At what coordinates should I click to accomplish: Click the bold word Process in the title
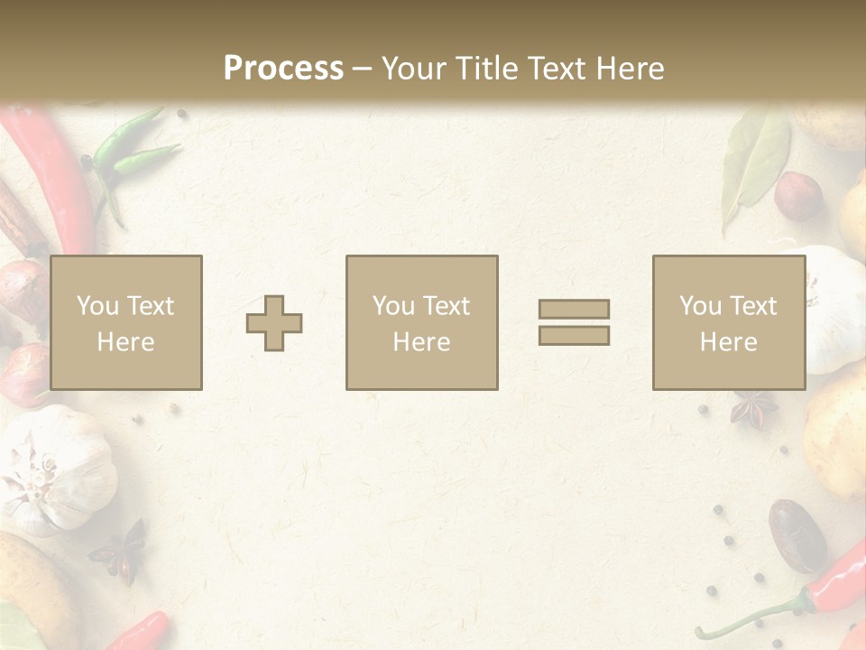283,69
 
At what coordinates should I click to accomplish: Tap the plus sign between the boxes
274,323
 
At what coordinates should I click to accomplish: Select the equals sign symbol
574,322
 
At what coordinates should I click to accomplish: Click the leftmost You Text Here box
126,323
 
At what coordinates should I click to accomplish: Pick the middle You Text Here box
422,323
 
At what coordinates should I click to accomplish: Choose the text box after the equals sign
729,323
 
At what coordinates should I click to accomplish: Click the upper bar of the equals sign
574,309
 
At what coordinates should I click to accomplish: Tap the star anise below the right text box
753,411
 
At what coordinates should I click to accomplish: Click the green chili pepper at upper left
131,153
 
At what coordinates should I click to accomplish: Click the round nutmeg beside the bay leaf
798,197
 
